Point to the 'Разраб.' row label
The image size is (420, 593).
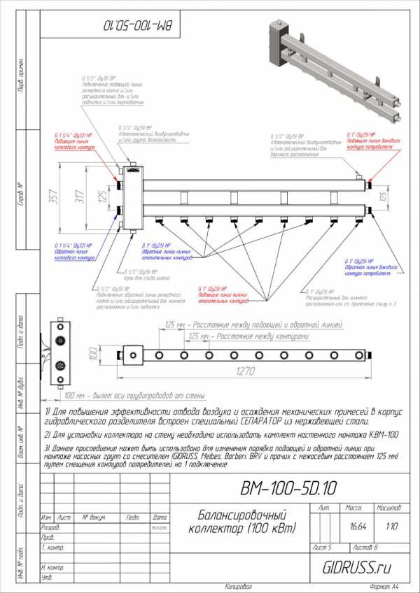[x=50, y=527]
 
